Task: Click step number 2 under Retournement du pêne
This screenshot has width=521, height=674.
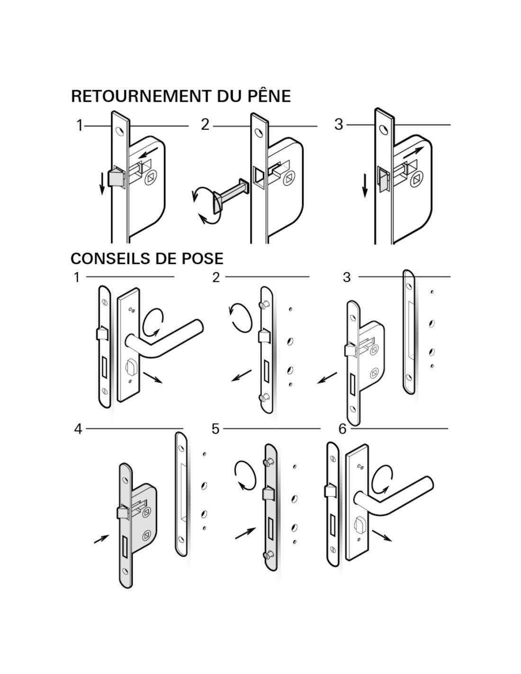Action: pos(205,125)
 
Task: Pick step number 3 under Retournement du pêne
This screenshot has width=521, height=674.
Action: pos(338,124)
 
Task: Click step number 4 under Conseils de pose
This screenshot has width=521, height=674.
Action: pos(78,429)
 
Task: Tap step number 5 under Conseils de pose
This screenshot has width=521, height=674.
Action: pos(216,429)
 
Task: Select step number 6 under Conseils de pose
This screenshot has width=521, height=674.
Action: pos(342,429)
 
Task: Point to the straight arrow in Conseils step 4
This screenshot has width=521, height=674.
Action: pos(101,539)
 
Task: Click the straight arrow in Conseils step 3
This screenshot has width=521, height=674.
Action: pos(327,377)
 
